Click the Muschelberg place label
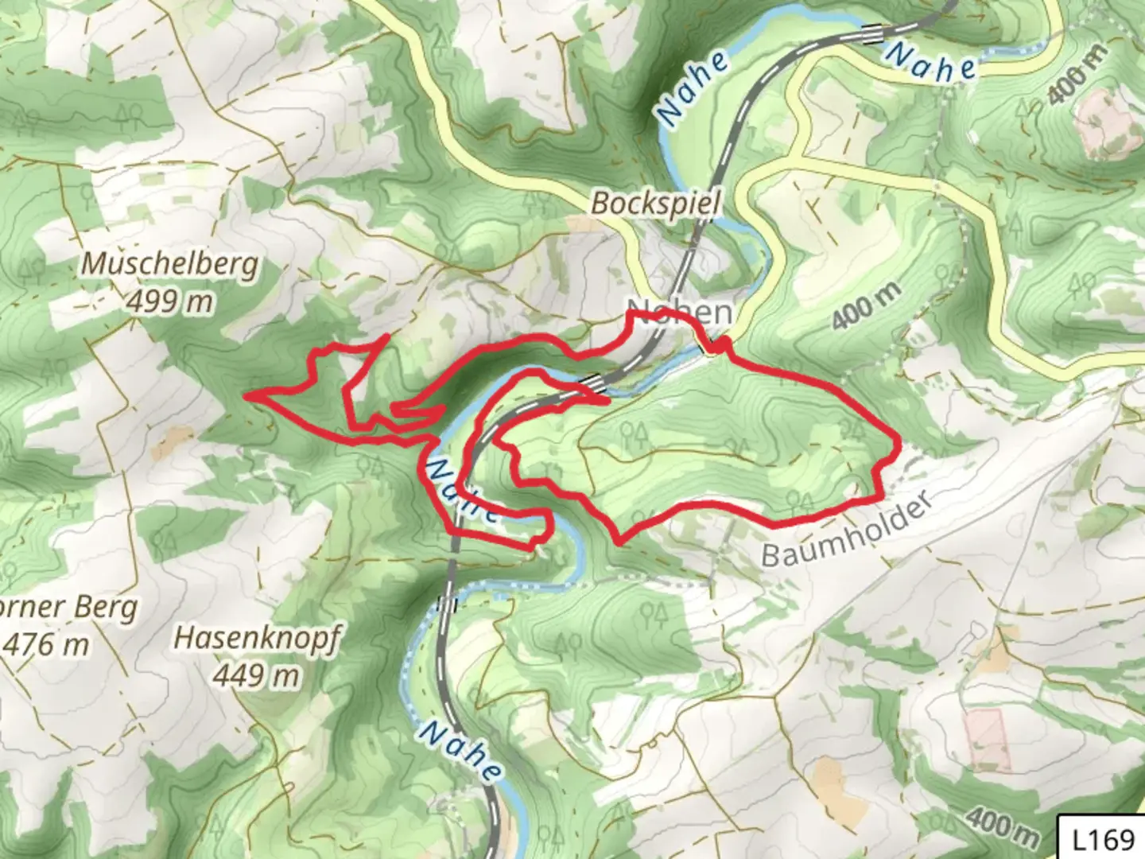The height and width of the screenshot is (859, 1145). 171,263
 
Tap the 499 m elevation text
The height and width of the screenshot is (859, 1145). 169,301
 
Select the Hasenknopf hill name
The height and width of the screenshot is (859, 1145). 256,638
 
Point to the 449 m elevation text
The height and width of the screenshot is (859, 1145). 256,675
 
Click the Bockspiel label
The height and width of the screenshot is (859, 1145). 656,204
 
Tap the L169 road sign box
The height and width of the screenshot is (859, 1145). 1103,839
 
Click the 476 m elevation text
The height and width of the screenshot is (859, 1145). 46,644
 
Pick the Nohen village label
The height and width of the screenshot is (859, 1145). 680,312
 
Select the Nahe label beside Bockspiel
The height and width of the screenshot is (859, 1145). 693,88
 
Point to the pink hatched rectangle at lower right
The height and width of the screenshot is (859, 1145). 988,739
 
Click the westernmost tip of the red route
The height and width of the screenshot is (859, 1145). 246,395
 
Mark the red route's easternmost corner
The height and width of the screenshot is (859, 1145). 898,439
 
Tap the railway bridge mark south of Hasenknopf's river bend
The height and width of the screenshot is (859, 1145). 448,602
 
